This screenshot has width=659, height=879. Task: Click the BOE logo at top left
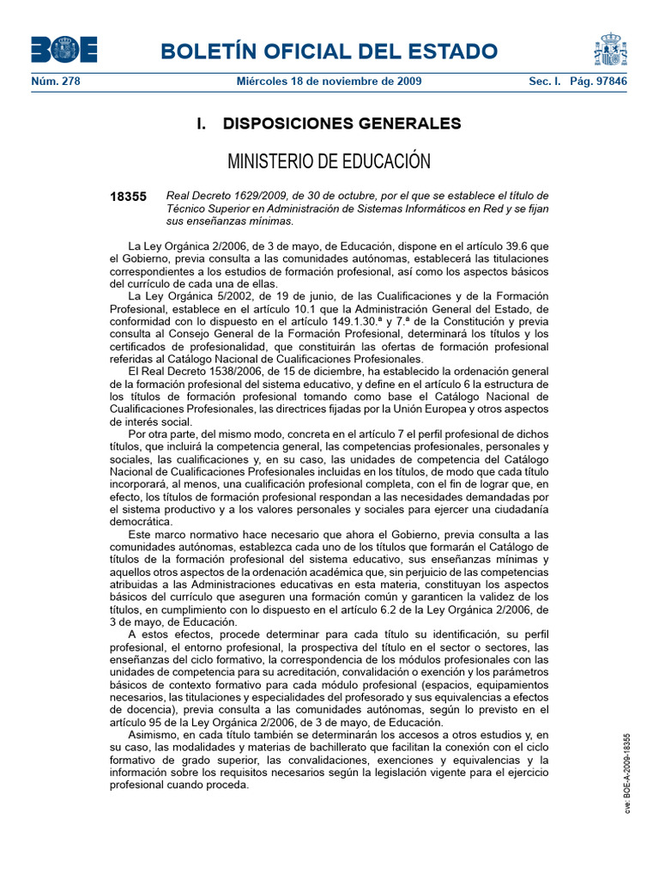[64, 50]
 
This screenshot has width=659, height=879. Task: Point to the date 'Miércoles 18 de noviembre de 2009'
[329, 82]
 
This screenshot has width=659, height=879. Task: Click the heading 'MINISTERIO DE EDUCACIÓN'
[329, 161]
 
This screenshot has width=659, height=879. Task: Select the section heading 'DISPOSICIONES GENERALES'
[342, 124]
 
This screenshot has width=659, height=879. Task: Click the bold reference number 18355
[128, 197]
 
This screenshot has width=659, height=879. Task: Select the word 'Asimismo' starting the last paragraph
[154, 736]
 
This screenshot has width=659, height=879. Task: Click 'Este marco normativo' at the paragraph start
[182, 534]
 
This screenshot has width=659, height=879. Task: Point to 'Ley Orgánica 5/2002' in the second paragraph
[196, 296]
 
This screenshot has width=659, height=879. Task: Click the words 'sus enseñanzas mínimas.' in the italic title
[229, 221]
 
